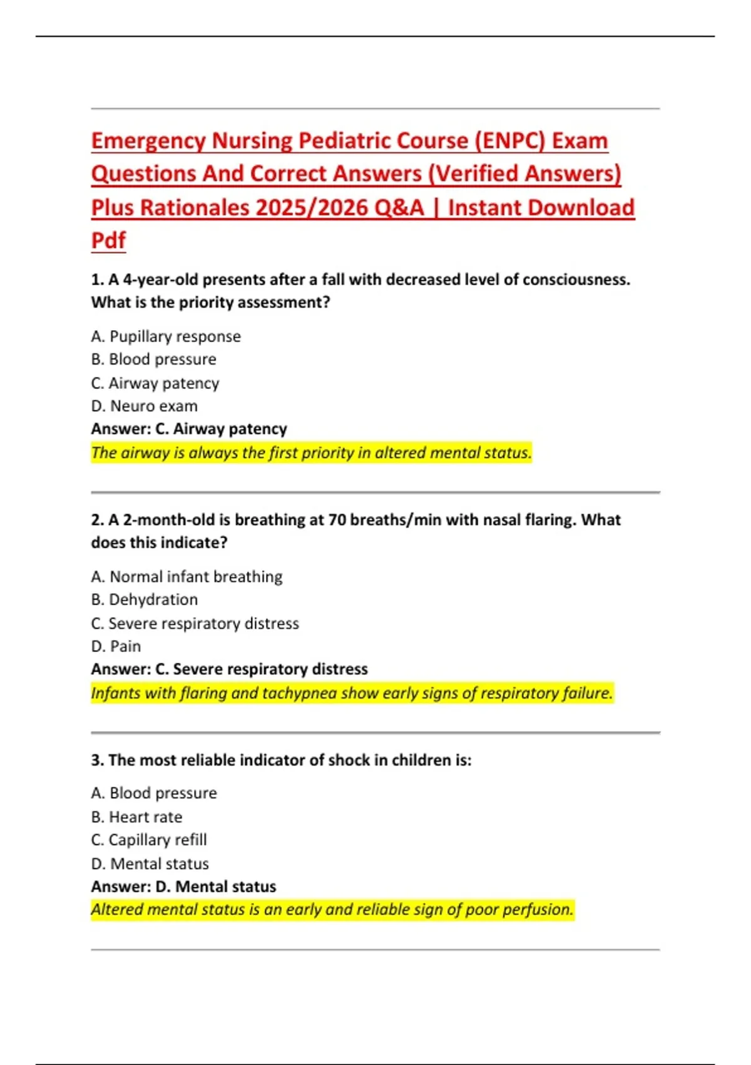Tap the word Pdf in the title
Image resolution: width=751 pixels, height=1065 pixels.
click(108, 240)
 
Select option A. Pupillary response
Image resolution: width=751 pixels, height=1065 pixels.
click(166, 336)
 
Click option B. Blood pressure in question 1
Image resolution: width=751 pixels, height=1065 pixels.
click(154, 360)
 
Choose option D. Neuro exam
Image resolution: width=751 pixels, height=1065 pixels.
click(145, 406)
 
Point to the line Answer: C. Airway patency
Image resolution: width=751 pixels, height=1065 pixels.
click(189, 429)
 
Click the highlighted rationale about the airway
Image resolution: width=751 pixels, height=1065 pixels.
click(311, 452)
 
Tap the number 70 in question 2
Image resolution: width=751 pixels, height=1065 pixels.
click(337, 520)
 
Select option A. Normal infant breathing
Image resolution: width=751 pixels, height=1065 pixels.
click(186, 576)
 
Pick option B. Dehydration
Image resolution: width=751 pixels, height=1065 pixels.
click(145, 600)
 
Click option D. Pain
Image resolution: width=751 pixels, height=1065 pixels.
click(116, 646)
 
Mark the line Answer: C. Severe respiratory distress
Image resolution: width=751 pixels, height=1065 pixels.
click(230, 669)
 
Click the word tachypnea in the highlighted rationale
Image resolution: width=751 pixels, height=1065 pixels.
click(300, 693)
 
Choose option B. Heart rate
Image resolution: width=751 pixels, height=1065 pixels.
click(136, 817)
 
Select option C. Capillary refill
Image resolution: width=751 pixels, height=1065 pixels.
click(149, 840)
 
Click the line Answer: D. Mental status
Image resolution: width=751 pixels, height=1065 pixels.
click(183, 886)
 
